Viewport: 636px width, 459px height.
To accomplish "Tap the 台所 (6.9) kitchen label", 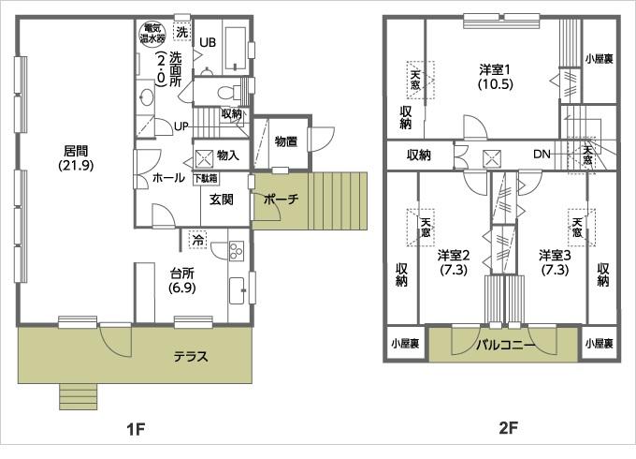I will [181, 281].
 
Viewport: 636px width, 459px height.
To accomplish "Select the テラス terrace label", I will [190, 356].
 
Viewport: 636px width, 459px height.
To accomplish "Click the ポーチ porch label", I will [281, 200].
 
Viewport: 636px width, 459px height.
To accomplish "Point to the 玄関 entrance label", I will [221, 200].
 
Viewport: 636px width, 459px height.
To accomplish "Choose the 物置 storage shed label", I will [286, 141].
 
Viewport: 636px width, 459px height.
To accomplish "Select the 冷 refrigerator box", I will [197, 240].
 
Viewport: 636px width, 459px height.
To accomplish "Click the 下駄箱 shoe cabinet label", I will [206, 177].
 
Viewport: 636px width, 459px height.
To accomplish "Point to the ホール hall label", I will [167, 177].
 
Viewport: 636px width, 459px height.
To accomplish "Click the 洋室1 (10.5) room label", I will [495, 76].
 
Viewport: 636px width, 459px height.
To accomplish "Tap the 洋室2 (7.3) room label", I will [453, 262].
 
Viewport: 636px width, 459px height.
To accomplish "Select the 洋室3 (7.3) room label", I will [554, 262].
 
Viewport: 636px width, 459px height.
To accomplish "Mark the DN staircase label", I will [542, 155].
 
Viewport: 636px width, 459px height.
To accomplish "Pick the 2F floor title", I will [508, 429].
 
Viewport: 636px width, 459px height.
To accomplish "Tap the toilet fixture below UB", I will [222, 92].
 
